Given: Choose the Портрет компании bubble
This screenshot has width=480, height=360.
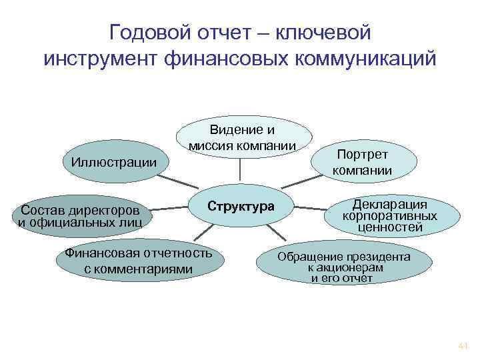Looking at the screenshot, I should coord(363,162).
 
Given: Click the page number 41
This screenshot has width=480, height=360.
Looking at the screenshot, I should coord(463,346).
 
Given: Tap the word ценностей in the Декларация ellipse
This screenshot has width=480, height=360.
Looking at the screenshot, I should coord(391,227).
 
